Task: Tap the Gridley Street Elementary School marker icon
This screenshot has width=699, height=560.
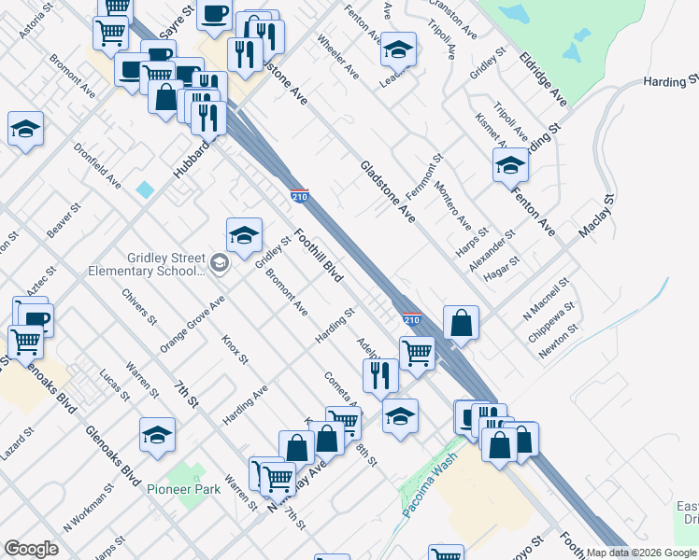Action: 219,264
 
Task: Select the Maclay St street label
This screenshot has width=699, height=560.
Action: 594,217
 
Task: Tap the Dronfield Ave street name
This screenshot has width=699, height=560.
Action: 97,165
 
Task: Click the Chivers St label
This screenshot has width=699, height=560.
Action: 139,307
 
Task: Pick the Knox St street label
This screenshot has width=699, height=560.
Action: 235,350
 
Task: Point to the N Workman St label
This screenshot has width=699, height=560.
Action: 88,504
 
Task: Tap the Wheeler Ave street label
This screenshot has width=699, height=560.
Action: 337,56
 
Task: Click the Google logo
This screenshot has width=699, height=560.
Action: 31,549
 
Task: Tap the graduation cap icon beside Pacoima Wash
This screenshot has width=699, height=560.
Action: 400,416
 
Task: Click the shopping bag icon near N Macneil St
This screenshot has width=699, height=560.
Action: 462,323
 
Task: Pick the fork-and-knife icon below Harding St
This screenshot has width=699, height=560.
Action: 380,374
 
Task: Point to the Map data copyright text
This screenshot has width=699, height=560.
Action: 641,553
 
